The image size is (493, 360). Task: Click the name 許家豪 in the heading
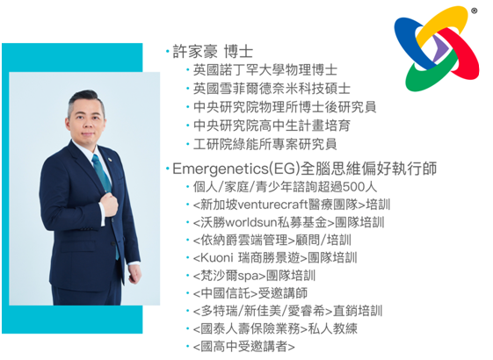coord(195,52)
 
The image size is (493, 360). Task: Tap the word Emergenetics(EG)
coord(236,169)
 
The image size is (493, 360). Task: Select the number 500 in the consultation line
coord(353,187)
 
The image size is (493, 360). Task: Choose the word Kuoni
coord(216,258)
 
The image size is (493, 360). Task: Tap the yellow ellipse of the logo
coord(442,25)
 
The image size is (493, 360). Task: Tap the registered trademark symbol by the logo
coord(475,11)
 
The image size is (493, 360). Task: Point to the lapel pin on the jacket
coord(110,159)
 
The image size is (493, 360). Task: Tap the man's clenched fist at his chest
coord(109,205)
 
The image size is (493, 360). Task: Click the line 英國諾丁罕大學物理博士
coord(265,70)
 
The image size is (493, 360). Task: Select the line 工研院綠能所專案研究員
coord(265,144)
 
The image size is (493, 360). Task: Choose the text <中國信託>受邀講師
coord(250,293)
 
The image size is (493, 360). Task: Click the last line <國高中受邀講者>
coord(244,347)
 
